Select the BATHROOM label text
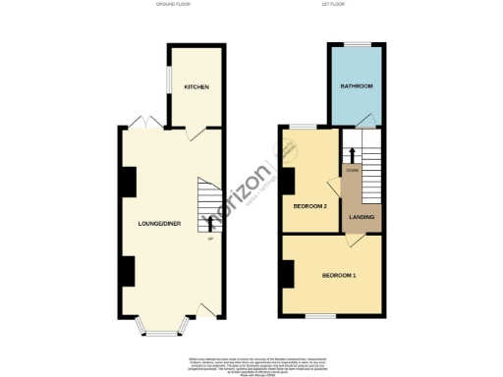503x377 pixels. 357,87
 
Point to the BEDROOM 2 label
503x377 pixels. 310,206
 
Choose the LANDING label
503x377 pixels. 362,216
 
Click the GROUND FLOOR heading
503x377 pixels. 172,6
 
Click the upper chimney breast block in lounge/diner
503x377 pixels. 128,181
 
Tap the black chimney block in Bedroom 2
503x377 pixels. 287,181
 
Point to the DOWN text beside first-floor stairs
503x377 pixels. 351,169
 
